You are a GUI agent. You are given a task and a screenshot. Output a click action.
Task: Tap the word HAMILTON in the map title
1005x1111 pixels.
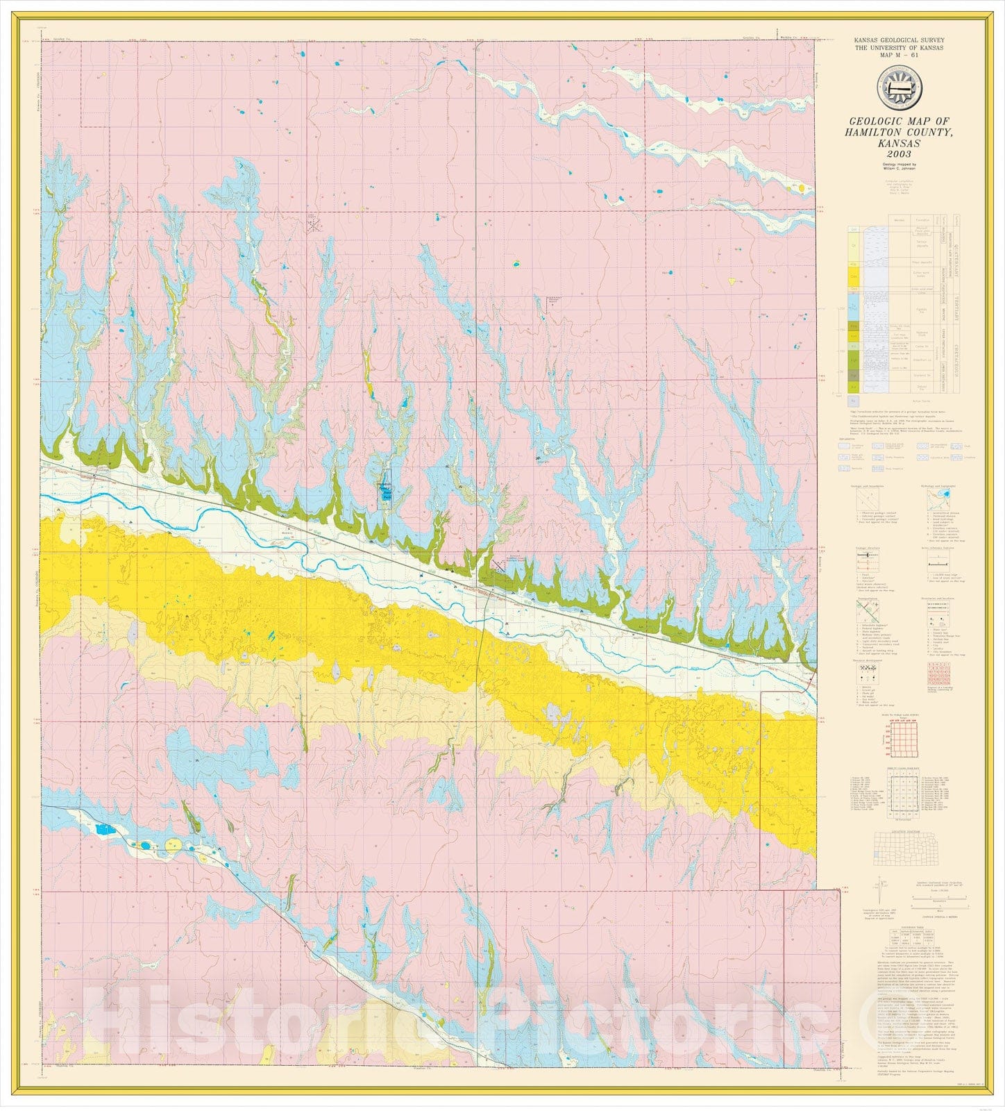pos(877,132)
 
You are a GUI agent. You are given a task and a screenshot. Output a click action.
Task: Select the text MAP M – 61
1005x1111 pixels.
pos(899,55)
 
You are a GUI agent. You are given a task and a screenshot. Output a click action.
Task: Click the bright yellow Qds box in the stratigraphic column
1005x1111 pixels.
pos(854,276)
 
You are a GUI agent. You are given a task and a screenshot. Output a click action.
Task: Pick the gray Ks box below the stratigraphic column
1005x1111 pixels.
pos(854,401)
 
